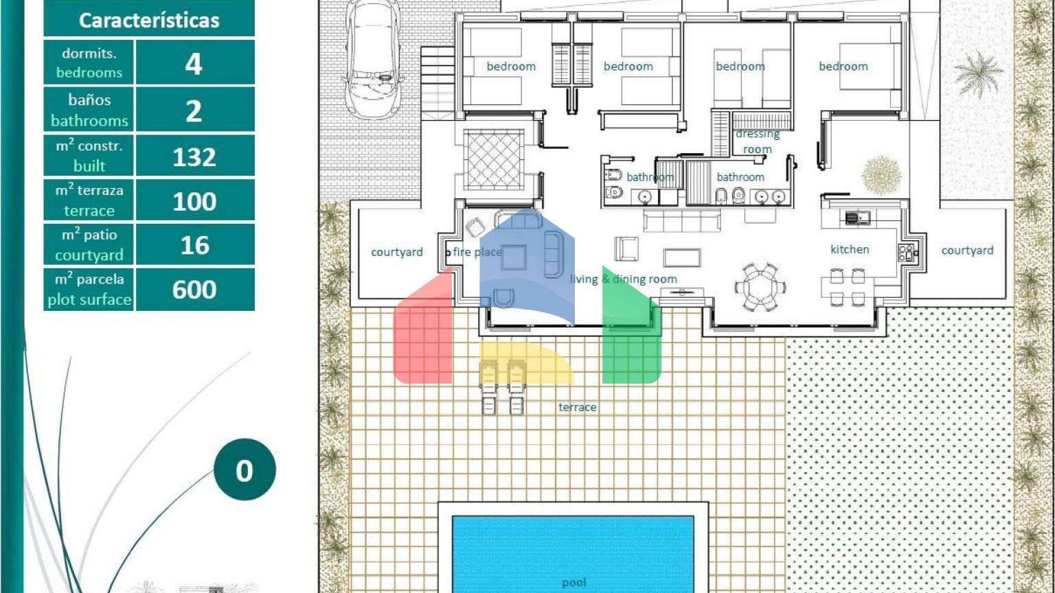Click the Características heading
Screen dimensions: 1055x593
pos(149,20)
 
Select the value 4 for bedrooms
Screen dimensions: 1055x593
pos(194,64)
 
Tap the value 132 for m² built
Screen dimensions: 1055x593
pos(194,157)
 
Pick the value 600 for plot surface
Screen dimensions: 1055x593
pos(194,290)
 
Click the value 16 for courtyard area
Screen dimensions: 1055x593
pos(194,245)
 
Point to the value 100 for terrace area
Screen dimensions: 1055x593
pos(194,201)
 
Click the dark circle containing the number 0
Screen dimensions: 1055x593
pos(245,469)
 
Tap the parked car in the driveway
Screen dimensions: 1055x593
pos(373,59)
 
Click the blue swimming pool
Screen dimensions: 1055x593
pos(573,555)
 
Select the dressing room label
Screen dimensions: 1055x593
pos(758,141)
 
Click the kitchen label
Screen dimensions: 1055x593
pos(850,249)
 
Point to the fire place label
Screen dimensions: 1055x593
pos(477,253)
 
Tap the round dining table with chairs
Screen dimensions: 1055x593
pos(760,287)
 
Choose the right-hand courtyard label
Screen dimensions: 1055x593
pos(967,251)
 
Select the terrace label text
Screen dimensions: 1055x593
pos(578,407)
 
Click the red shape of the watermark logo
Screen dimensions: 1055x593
pos(423,332)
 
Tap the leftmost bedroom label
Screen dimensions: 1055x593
pos(511,67)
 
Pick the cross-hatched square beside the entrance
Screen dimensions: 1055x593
pos(494,160)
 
